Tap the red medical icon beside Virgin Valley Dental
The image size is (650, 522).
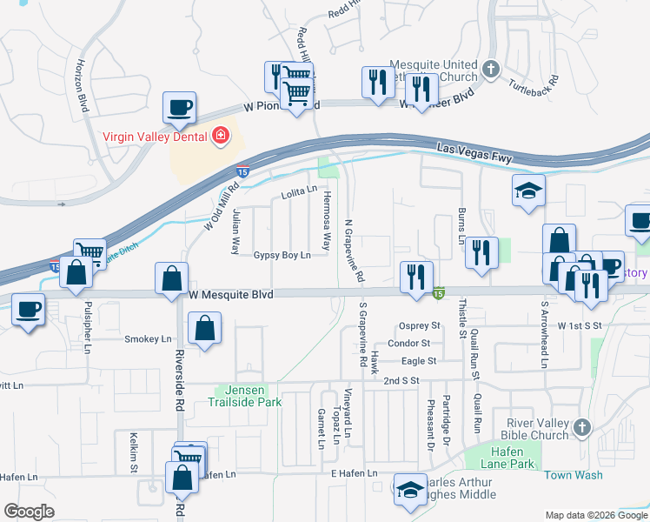point(220,136)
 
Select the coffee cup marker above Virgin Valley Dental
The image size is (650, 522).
point(179,109)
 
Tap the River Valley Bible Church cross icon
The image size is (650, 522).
point(582,427)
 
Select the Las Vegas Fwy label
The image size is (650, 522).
point(474,154)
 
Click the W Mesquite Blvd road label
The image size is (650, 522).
point(231,295)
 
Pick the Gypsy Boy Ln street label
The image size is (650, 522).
point(282,256)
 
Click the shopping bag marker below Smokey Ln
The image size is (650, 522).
point(204,331)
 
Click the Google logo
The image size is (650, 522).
point(29,512)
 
